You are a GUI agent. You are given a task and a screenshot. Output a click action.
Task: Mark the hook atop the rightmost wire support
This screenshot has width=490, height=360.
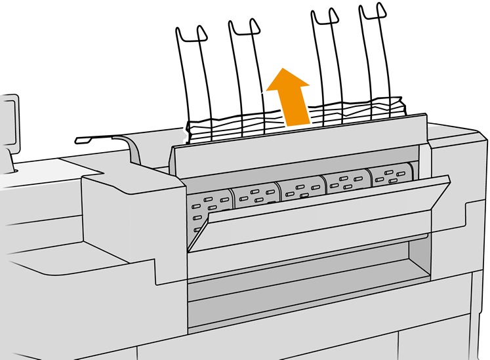[x=371, y=11]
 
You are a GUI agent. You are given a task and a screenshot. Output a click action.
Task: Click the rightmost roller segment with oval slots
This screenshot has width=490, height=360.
[x=392, y=176]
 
